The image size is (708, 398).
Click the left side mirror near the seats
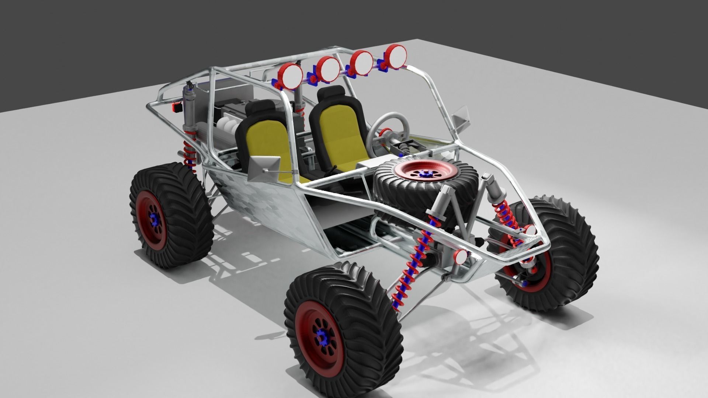coord(263,167)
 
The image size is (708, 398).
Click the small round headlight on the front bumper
coord(461,256)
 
